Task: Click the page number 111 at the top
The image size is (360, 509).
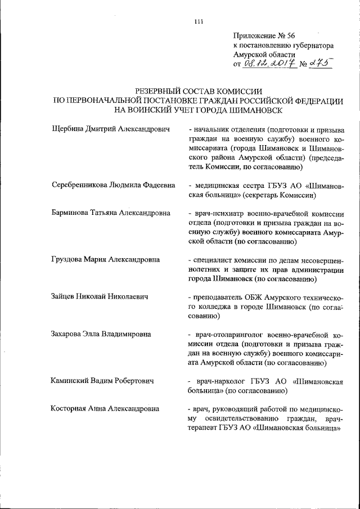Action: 197,22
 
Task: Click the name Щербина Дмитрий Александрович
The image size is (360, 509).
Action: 110,129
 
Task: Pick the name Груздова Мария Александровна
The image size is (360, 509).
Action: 105,259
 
